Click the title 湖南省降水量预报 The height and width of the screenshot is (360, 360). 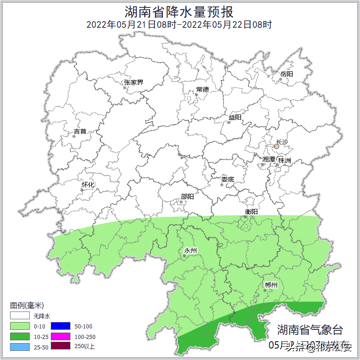(179, 11)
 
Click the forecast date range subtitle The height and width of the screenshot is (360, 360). (179, 25)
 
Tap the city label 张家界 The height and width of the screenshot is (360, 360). (134, 83)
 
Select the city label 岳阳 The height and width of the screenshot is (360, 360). (287, 74)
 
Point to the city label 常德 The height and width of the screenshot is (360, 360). (202, 89)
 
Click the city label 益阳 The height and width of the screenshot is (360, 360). (235, 118)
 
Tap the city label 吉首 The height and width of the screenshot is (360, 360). (80, 131)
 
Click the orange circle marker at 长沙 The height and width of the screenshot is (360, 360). (276, 147)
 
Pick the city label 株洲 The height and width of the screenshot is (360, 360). (285, 161)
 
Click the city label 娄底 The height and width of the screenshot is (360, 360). (227, 179)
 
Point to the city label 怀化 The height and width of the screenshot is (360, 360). (88, 185)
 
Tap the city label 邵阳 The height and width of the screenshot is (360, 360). (187, 197)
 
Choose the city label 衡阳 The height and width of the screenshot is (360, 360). (251, 211)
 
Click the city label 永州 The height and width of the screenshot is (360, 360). (190, 250)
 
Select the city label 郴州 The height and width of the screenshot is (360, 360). (271, 285)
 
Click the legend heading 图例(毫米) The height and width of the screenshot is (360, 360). (27, 306)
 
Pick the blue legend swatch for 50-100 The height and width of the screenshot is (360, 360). (60, 326)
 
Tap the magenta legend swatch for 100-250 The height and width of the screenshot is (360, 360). (60, 336)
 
